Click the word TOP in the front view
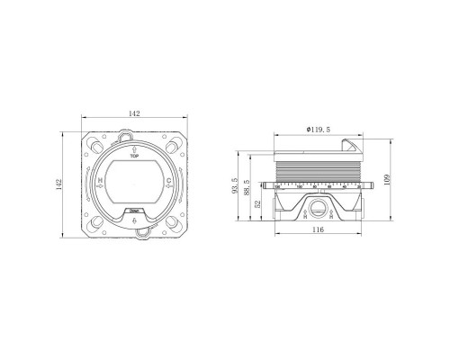133,157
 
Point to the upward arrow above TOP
133,148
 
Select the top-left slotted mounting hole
97,147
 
